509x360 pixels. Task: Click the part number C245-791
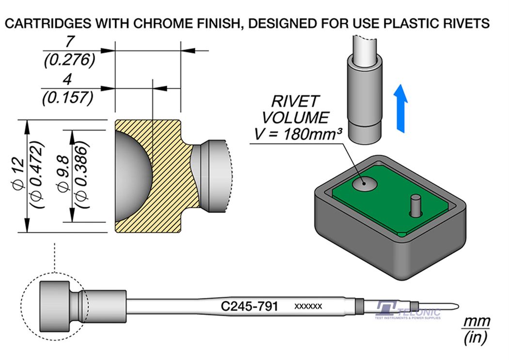click(x=249, y=307)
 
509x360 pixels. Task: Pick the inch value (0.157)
click(x=68, y=98)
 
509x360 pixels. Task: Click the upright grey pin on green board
click(x=415, y=206)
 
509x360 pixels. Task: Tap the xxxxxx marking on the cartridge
click(x=308, y=307)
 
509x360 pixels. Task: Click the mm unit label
click(x=477, y=321)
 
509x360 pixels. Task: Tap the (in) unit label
click(x=476, y=338)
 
